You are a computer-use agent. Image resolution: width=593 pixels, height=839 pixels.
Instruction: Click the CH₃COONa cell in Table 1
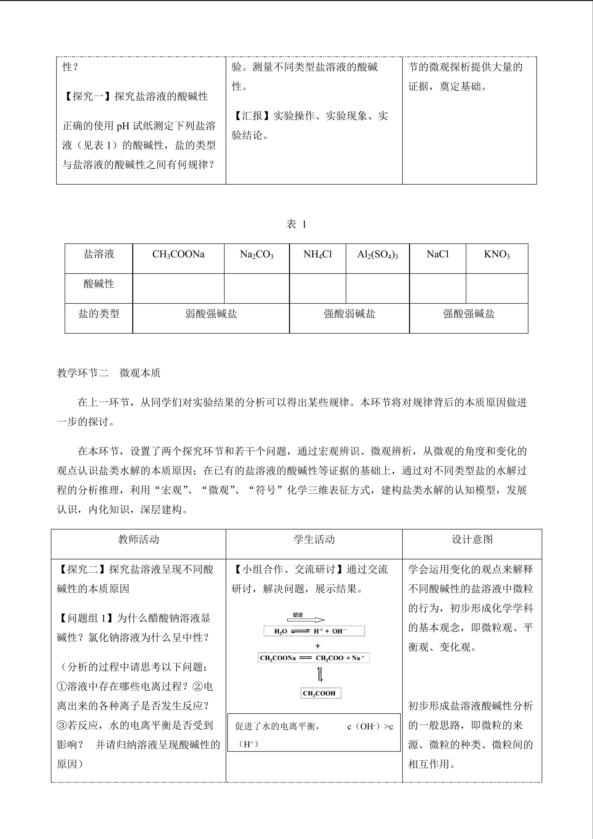pos(178,254)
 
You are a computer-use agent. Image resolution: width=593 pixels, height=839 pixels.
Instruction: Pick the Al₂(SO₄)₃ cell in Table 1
pos(378,254)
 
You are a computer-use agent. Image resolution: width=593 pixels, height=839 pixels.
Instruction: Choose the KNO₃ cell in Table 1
pos(497,254)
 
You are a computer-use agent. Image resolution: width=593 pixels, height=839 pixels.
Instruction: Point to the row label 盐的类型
pos(99,313)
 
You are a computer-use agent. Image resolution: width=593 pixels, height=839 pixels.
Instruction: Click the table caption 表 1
pos(296,224)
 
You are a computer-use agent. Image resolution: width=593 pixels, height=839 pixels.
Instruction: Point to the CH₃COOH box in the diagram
pos(319,693)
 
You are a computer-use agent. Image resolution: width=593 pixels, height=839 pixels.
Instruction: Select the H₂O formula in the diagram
pos(281,631)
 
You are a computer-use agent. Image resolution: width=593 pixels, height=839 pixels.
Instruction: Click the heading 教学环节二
pos(82,373)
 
